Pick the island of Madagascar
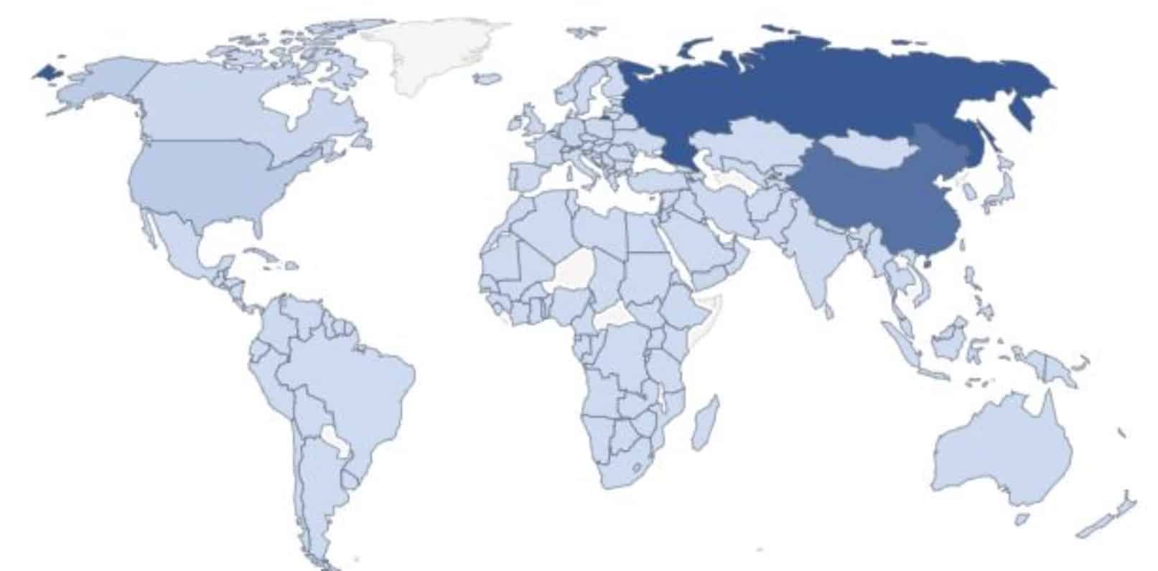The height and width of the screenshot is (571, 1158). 704,424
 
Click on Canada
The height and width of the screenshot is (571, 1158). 215,108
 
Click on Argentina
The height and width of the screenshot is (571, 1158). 316,488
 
